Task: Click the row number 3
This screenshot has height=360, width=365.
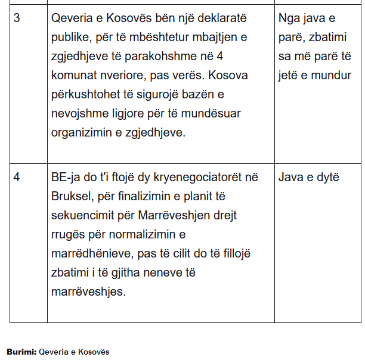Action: (17, 18)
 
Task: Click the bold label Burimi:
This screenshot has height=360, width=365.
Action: (21, 352)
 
